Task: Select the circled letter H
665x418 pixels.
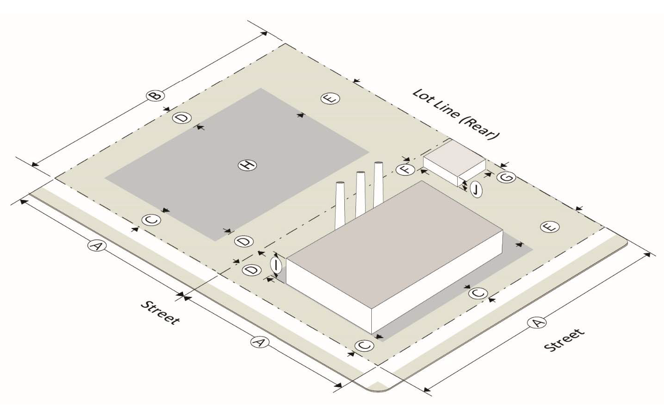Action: [x=248, y=165]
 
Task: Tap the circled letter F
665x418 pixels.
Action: [x=406, y=170]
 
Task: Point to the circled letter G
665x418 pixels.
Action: [x=507, y=178]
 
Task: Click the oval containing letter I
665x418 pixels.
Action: [x=277, y=265]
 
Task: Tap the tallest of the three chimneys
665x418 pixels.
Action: [x=378, y=184]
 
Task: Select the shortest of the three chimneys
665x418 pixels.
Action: [x=340, y=205]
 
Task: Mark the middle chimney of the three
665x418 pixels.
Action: [x=361, y=193]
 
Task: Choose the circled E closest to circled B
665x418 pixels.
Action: [x=330, y=98]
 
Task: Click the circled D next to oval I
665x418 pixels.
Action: [x=252, y=270]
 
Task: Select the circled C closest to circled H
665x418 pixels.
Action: [x=151, y=220]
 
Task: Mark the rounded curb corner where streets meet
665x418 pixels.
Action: [x=379, y=388]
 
